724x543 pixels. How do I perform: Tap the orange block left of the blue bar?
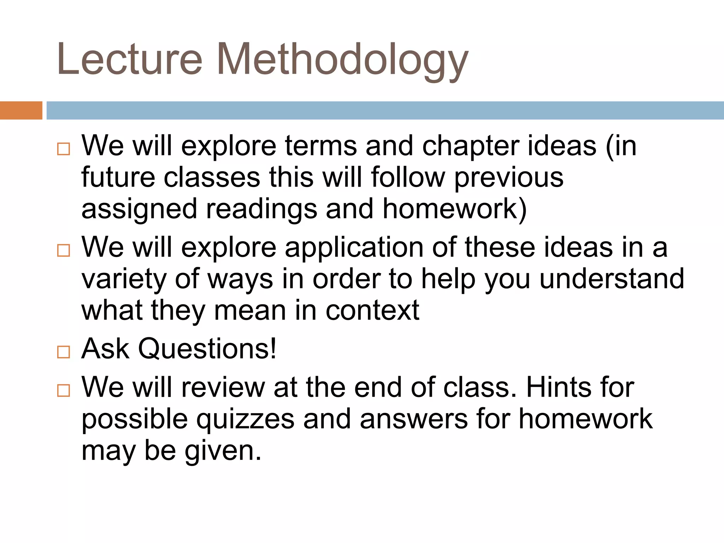[21, 110]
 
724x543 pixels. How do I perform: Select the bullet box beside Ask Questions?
[64, 352]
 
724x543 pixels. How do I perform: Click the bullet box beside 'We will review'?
[64, 391]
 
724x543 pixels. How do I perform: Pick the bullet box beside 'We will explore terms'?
[64, 149]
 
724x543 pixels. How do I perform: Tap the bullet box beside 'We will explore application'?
[64, 251]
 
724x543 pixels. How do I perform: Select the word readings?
[262, 210]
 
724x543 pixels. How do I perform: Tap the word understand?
[612, 279]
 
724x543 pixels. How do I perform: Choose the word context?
[372, 310]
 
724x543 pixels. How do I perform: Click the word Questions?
[207, 349]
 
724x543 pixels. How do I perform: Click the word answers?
[414, 420]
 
